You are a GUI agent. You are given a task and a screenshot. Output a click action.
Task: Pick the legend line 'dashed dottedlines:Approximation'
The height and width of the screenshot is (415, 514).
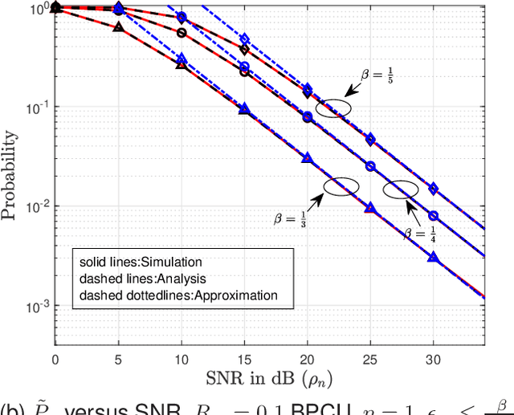point(178,295)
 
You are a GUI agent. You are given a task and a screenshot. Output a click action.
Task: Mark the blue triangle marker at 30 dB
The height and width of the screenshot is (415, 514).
point(433,258)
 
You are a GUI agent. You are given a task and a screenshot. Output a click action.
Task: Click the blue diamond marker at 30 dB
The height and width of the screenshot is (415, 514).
point(433,189)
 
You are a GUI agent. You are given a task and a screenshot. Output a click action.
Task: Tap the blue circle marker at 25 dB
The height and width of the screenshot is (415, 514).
point(370,166)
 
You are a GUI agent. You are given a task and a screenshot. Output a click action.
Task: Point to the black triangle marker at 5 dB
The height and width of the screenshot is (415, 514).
point(118,26)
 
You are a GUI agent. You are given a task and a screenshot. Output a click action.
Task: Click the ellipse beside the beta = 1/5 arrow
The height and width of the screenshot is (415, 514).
point(332,108)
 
